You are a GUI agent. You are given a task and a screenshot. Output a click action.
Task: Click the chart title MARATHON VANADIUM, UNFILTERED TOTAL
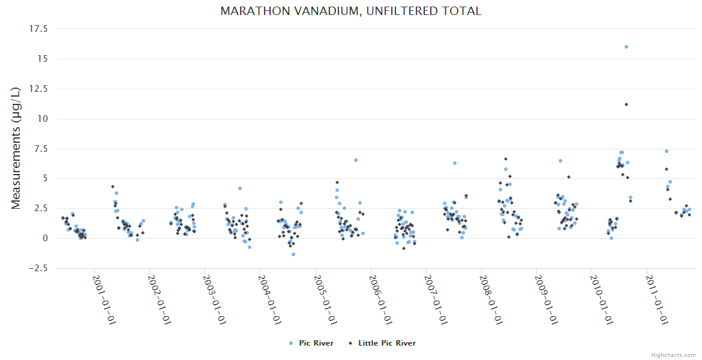point(351,11)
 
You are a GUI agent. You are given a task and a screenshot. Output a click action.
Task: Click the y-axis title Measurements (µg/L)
point(16,148)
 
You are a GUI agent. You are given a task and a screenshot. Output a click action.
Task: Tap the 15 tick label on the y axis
point(44,58)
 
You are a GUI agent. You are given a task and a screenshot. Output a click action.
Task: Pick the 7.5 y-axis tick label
point(42,148)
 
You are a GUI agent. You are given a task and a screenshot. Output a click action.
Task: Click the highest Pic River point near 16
point(626,47)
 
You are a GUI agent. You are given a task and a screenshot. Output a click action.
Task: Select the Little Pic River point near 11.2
point(626,104)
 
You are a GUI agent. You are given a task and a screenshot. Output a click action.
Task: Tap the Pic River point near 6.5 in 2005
point(356,160)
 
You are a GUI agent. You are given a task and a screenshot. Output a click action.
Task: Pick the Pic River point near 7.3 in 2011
point(667,151)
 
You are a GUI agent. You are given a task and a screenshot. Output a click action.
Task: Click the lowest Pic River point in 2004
point(293,254)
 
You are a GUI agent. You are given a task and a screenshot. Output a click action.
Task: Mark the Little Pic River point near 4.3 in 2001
point(113,187)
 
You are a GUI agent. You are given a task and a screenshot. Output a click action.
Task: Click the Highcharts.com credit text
point(673,355)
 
